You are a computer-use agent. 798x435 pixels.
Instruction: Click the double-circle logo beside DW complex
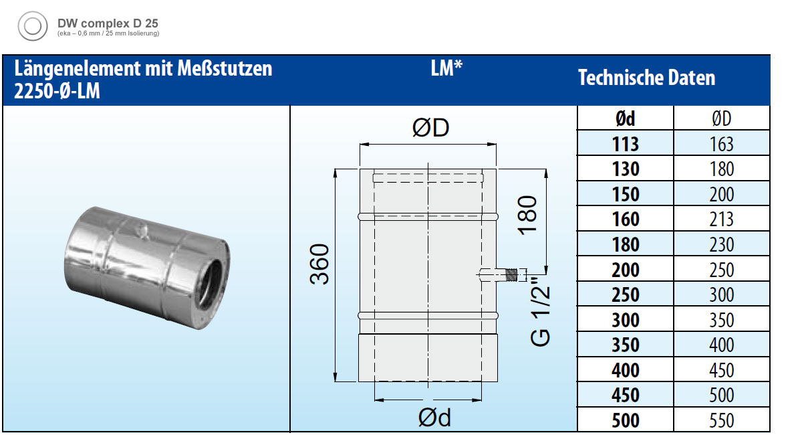pyautogui.click(x=33, y=26)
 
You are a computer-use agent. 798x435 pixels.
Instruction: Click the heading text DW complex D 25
pyautogui.click(x=108, y=23)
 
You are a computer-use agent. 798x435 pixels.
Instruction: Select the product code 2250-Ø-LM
pyautogui.click(x=57, y=91)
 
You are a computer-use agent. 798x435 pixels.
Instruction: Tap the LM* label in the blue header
pyautogui.click(x=446, y=68)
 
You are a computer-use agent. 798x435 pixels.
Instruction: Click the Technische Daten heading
pyautogui.click(x=647, y=78)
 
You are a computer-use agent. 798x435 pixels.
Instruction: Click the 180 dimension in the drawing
pyautogui.click(x=528, y=215)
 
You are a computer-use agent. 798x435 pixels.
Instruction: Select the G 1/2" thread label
pyautogui.click(x=541, y=313)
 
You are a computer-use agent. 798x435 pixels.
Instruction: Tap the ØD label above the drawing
pyautogui.click(x=430, y=127)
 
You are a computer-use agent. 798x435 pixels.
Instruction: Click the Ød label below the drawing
pyautogui.click(x=434, y=418)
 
